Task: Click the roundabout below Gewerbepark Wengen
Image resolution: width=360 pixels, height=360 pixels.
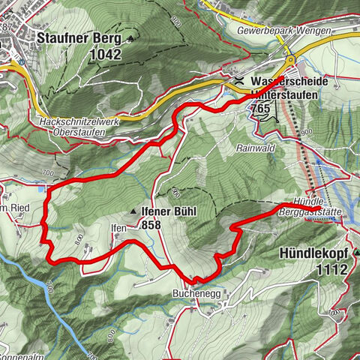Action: [x=289, y=61]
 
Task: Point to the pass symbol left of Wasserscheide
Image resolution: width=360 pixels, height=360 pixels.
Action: [x=238, y=81]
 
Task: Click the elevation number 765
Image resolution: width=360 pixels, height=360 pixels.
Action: [x=258, y=109]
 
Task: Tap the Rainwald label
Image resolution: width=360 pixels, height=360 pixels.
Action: [x=265, y=148]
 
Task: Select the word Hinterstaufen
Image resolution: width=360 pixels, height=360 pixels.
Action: [x=280, y=95]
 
